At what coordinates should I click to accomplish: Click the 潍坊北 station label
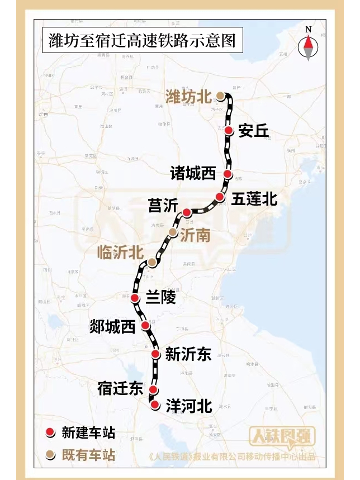pyautogui.click(x=188, y=96)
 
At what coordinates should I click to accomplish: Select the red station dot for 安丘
pyautogui.click(x=229, y=130)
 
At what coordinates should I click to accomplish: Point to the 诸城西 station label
pyautogui.click(x=193, y=174)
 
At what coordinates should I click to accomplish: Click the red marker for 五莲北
pyautogui.click(x=220, y=197)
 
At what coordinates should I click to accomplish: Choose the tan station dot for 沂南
pyautogui.click(x=173, y=232)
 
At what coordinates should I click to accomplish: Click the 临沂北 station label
pyautogui.click(x=120, y=253)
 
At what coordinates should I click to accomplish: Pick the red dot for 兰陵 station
pyautogui.click(x=135, y=298)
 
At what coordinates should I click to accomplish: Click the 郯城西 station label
pyautogui.click(x=112, y=327)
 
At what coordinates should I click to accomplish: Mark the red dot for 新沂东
pyautogui.click(x=156, y=353)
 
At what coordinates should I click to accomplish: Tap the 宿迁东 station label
pyautogui.click(x=120, y=388)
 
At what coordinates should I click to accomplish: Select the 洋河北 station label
pyautogui.click(x=189, y=406)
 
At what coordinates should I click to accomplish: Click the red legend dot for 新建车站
pyautogui.click(x=50, y=432)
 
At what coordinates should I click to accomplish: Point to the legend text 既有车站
pyautogui.click(x=88, y=455)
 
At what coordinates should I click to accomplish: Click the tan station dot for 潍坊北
pyautogui.click(x=221, y=96)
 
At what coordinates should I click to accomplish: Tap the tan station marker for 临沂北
pyautogui.click(x=151, y=262)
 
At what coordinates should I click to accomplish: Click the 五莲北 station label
pyautogui.click(x=254, y=198)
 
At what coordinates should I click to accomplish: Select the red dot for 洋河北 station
pyautogui.click(x=155, y=404)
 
